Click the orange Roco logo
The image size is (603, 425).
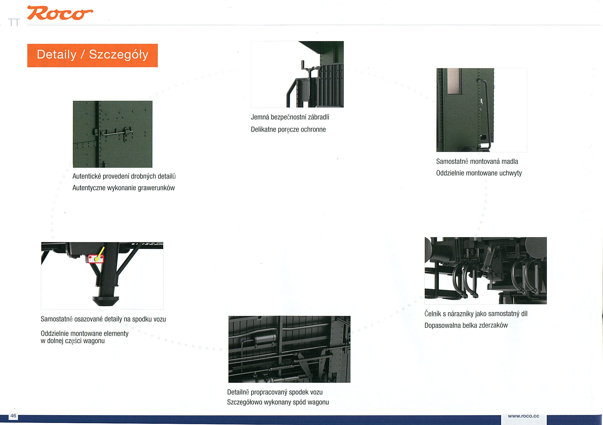point(60,13)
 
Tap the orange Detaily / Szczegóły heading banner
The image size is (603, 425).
point(92,55)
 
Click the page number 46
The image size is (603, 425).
point(13,416)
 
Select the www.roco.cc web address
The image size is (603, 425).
point(523,416)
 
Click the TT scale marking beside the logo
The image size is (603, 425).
point(14,23)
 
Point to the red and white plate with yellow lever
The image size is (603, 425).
point(96,259)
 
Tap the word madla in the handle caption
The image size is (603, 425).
point(510,162)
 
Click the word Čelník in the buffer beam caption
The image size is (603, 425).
point(433,314)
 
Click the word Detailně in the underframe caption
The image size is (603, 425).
point(238,392)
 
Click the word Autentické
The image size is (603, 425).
point(86,176)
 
